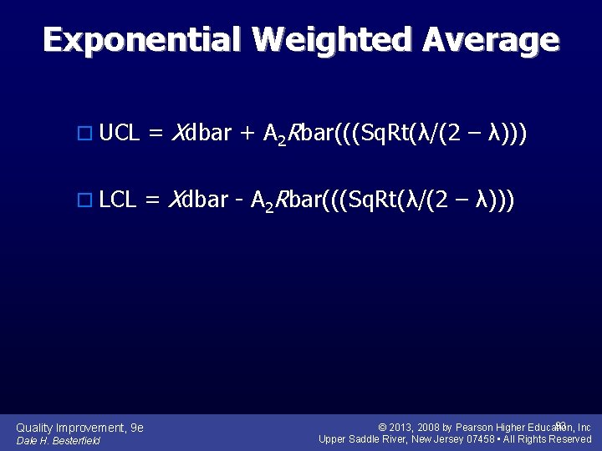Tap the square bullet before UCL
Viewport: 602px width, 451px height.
(82, 133)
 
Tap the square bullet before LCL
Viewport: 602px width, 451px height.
(82, 200)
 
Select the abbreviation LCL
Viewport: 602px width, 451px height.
(117, 200)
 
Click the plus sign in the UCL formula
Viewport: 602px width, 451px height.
(247, 133)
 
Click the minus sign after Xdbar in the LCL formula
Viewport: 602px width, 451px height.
(238, 200)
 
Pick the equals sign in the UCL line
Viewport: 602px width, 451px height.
(156, 133)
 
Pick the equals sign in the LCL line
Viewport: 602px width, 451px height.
(153, 200)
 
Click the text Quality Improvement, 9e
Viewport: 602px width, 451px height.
(79, 428)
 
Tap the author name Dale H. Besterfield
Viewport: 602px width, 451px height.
(59, 440)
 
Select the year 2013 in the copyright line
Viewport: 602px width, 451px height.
(407, 428)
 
